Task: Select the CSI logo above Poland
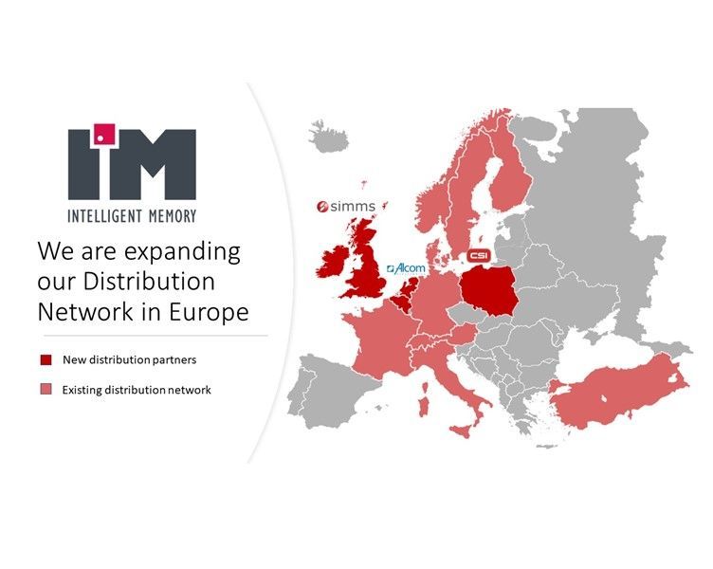478,256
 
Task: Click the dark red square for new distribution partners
45,359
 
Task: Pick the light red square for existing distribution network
45,389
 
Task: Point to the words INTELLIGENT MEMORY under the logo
132,216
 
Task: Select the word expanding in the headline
183,251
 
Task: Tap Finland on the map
511,175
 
